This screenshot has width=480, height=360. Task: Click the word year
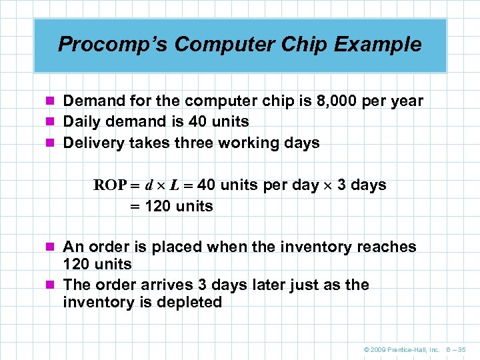(406, 101)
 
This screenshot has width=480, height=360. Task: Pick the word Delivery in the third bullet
(91, 143)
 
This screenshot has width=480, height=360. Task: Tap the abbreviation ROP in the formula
(109, 185)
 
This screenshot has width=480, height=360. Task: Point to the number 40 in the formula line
(207, 185)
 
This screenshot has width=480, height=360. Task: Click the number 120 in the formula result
(157, 207)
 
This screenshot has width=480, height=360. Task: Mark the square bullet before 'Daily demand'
(55, 122)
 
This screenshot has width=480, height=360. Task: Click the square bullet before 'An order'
(55, 247)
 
